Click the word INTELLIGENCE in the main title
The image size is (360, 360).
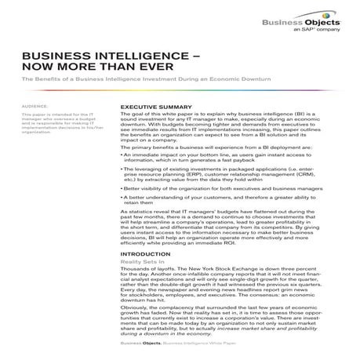click(x=140, y=58)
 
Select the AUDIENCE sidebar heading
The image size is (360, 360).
click(x=36, y=104)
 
